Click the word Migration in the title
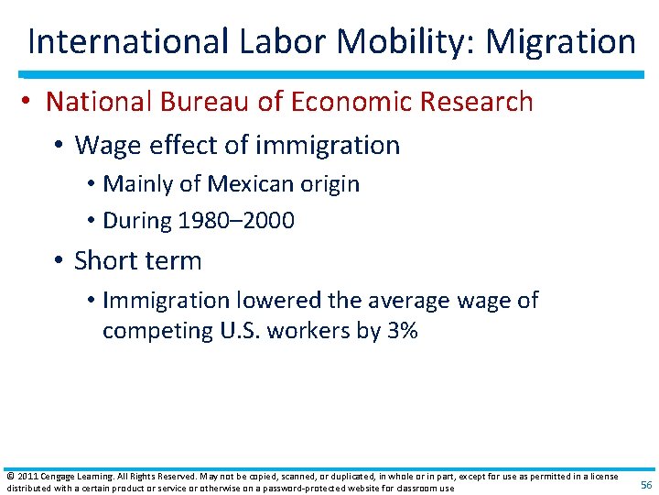click(x=560, y=41)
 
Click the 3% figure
click(x=403, y=331)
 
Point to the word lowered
click(x=272, y=300)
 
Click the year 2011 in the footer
click(x=24, y=477)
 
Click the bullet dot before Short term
click(x=59, y=261)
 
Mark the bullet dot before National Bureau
click(x=30, y=102)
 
